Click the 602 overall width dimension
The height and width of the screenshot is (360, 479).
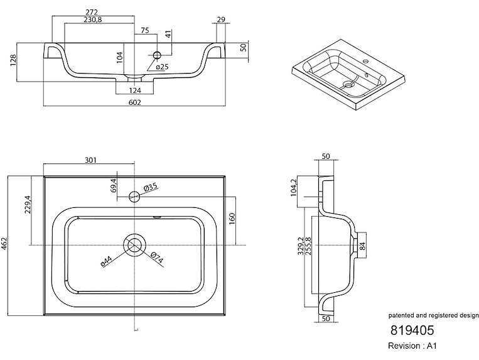click(134, 102)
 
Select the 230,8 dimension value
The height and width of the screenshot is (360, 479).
click(94, 20)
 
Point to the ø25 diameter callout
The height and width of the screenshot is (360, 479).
click(161, 67)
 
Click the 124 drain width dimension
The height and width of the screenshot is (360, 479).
click(135, 89)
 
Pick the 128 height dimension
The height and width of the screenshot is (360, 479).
click(13, 62)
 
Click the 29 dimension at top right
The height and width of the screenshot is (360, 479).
click(220, 20)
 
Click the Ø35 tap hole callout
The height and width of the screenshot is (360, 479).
click(151, 187)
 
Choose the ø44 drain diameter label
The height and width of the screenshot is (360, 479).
click(107, 261)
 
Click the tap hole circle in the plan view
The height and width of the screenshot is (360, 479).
click(134, 195)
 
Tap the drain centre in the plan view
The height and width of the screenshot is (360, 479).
click(135, 244)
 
